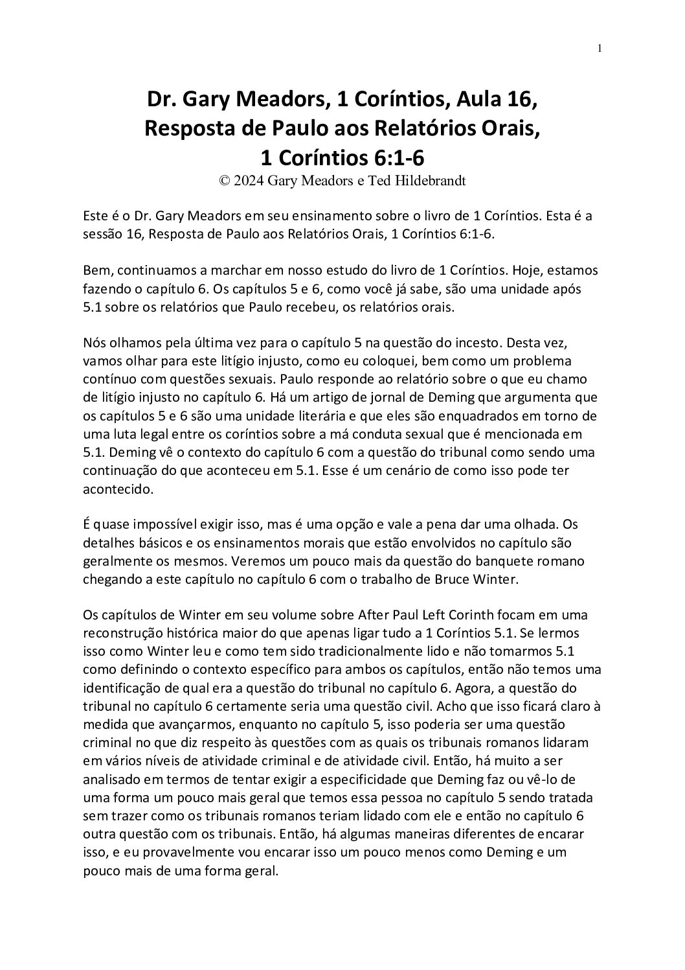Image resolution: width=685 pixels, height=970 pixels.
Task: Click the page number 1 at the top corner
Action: coord(601,49)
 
